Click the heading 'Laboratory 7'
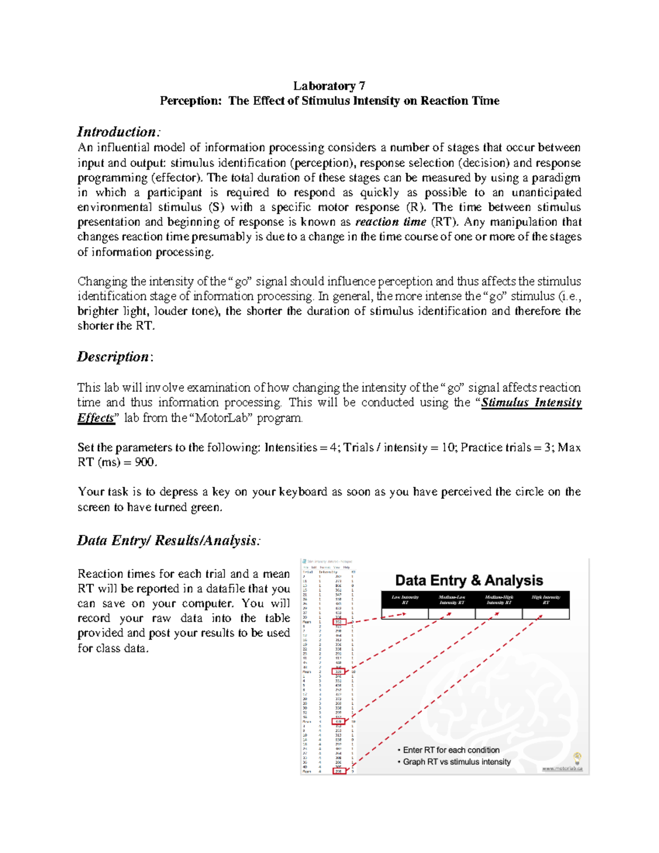[x=329, y=86]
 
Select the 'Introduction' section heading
[x=118, y=132]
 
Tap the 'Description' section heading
[x=113, y=357]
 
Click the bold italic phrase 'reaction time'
[x=390, y=222]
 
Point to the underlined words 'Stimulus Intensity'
[x=531, y=403]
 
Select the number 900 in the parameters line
[x=146, y=462]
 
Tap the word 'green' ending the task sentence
[x=205, y=508]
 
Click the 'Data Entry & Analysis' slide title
[x=469, y=581]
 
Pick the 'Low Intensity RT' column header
[x=405, y=599]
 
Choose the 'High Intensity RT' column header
[x=545, y=599]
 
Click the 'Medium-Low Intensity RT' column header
[x=451, y=599]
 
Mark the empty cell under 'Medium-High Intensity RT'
[x=499, y=614]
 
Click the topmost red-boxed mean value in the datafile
[x=339, y=622]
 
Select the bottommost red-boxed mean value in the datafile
[x=339, y=771]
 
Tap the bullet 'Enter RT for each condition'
[x=451, y=750]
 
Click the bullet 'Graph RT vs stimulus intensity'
[x=456, y=762]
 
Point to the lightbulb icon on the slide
[x=577, y=758]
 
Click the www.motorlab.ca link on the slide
[x=562, y=768]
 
